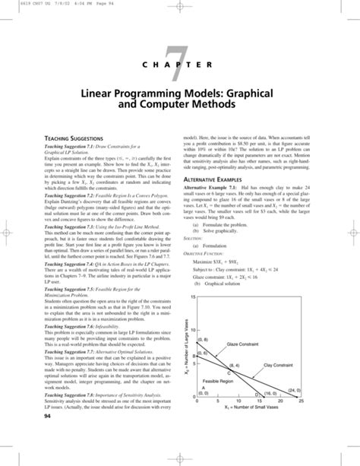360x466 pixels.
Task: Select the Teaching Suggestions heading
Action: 58,135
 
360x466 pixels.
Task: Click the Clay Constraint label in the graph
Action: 280,366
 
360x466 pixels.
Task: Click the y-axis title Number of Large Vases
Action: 185,346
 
